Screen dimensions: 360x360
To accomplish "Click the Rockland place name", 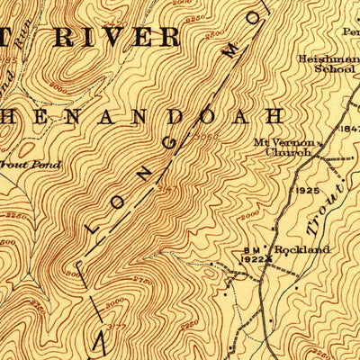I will pos(301,249).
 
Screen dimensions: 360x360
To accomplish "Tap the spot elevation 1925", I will pos(308,192).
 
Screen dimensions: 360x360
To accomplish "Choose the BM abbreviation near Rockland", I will pos(251,249).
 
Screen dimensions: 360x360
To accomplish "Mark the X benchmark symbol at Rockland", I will pos(266,259).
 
